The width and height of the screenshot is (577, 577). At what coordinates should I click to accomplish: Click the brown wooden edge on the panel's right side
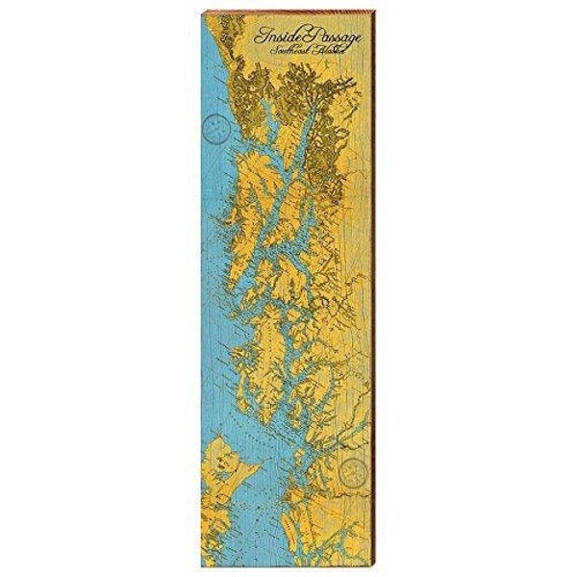pos(374,288)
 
